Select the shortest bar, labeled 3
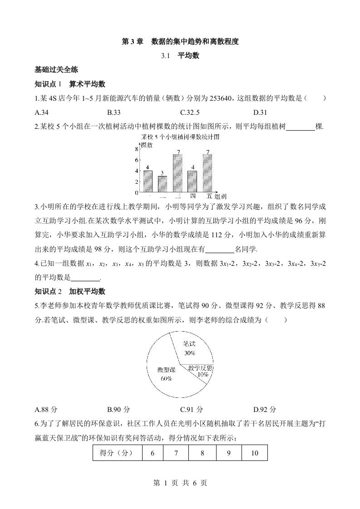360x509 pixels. click(162, 184)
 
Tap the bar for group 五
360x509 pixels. click(208, 173)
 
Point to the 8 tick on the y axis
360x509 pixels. click(137, 149)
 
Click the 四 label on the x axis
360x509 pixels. click(193, 196)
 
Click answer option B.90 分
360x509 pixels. click(118, 409)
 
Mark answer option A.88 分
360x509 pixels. click(46, 409)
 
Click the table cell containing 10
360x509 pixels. click(254, 453)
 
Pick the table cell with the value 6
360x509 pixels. click(152, 453)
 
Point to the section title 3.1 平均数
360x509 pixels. click(180, 56)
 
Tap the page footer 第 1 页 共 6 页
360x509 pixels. click(180, 483)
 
